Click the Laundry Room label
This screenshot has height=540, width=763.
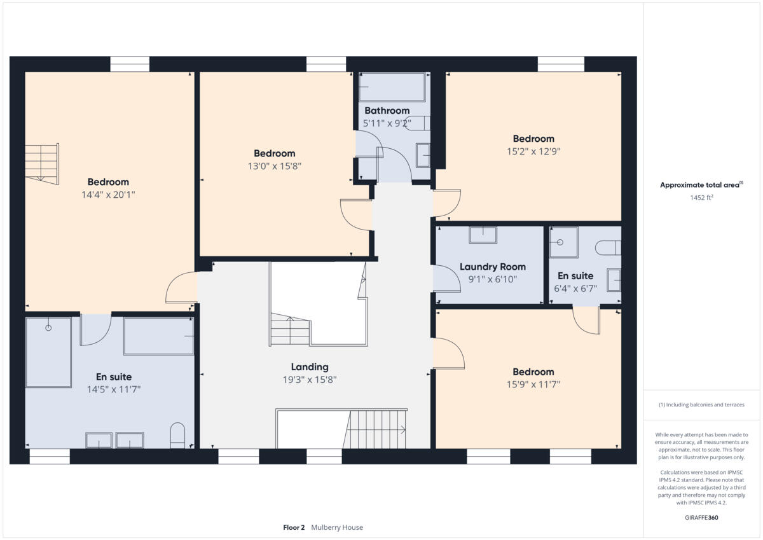pos(493,267)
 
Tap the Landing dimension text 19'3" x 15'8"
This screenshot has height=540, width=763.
pos(310,380)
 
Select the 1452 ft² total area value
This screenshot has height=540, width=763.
pos(701,198)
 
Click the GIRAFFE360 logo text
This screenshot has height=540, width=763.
pos(701,518)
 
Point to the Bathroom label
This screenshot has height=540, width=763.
pos(387,111)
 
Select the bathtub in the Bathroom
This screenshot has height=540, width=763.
pos(392,87)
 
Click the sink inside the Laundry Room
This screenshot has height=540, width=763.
pos(483,235)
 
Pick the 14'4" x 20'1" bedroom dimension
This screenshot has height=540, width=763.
pos(108,195)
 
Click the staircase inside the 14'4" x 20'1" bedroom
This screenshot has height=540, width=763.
pos(42,163)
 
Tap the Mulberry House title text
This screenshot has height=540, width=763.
pos(337,527)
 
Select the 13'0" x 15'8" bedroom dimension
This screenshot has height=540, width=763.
pos(275,166)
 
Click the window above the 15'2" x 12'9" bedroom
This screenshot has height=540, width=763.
pos(561,64)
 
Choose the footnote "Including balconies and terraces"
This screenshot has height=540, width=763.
pos(701,405)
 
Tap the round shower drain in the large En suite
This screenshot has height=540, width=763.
pos(48,328)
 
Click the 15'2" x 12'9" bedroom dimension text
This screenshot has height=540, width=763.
pos(533,151)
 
